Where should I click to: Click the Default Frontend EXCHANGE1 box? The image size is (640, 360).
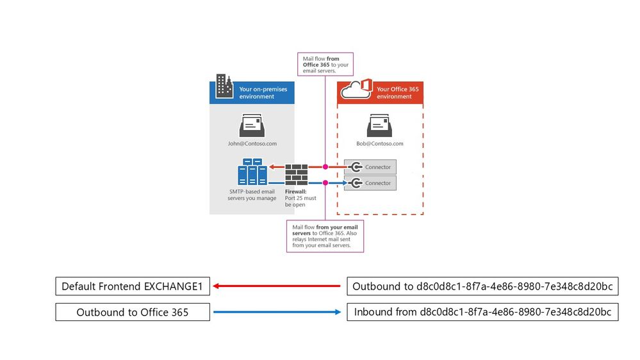tap(133, 286)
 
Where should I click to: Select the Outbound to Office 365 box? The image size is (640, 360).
tap(133, 312)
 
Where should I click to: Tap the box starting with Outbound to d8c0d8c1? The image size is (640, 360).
tap(482, 286)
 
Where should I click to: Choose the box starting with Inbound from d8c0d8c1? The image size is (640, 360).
tap(482, 312)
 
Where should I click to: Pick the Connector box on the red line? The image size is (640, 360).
tap(370, 167)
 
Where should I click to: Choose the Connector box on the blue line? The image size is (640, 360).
tap(370, 183)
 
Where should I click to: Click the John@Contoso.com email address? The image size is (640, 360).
tap(252, 144)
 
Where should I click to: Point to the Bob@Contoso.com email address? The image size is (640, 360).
tap(380, 144)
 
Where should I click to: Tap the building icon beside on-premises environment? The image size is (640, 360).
tap(224, 86)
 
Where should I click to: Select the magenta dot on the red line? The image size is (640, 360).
tap(325, 167)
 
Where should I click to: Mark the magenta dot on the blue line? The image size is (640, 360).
tap(325, 183)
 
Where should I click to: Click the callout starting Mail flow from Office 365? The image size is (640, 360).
tap(325, 65)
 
